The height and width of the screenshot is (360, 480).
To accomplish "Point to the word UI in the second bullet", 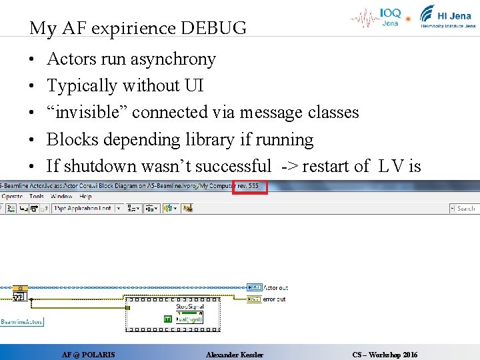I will pos(194,86).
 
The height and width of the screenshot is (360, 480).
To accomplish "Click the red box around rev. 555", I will pos(250,186).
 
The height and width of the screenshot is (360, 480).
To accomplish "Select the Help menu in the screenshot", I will pos(85,197).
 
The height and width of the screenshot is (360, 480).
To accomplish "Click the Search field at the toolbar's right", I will pos(465,209).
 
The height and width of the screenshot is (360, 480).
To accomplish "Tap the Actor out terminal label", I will pos(275,288).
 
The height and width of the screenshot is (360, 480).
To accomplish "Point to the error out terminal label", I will pos(274,299).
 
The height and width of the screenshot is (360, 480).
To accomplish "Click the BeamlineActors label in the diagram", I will pos(21,321).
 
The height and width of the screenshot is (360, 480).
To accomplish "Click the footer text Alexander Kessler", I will pos(235,355).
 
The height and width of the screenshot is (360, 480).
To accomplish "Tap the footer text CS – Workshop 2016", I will pos(385,355).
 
